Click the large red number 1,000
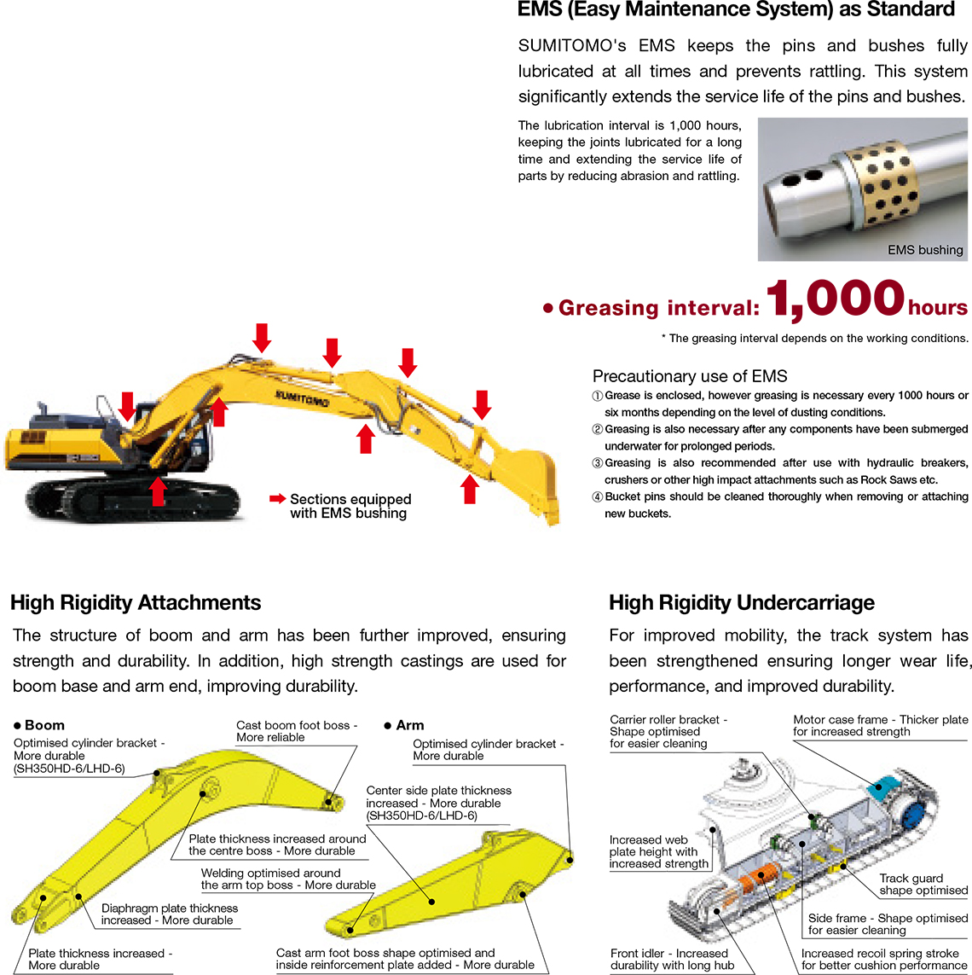(x=835, y=300)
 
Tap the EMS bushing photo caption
(x=924, y=250)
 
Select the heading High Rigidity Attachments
(x=136, y=603)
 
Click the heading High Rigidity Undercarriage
(x=741, y=603)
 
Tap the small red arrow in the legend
(x=277, y=499)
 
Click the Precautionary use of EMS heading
(x=689, y=376)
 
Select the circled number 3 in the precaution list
(x=598, y=463)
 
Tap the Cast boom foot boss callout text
(x=296, y=731)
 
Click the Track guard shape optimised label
(x=923, y=884)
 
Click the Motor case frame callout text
(x=880, y=725)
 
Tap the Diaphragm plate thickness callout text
(x=169, y=914)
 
